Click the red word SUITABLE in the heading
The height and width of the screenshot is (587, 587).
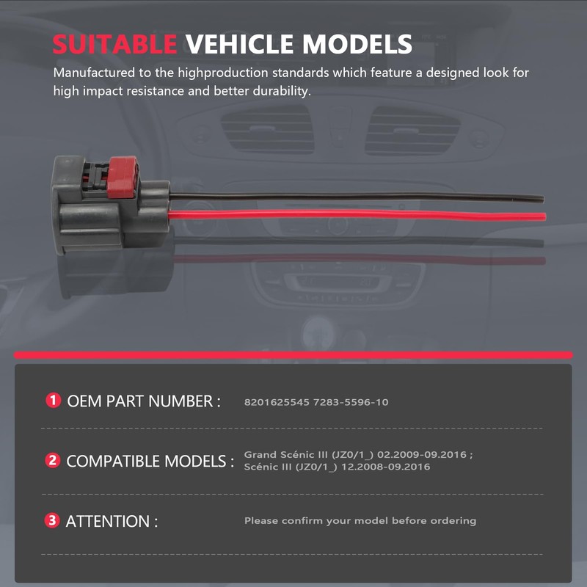pyautogui.click(x=114, y=44)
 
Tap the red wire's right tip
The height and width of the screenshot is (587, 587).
pyautogui.click(x=544, y=216)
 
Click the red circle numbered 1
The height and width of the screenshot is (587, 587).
pyautogui.click(x=53, y=401)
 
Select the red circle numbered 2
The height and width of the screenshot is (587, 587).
pyautogui.click(x=53, y=461)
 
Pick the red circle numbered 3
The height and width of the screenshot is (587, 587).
pyautogui.click(x=53, y=521)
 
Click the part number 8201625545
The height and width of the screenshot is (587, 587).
pyautogui.click(x=277, y=403)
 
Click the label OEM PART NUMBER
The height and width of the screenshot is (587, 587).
pyautogui.click(x=143, y=401)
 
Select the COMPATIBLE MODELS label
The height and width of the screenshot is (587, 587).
pyautogui.click(x=150, y=462)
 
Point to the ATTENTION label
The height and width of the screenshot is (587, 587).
pyautogui.click(x=112, y=522)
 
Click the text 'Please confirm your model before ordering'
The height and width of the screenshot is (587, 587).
pyautogui.click(x=360, y=521)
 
